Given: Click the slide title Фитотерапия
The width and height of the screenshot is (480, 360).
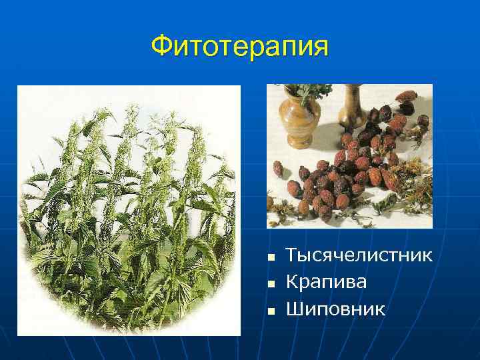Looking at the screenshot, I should pos(239,47).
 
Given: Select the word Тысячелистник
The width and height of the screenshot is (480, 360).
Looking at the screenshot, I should pos(359,255).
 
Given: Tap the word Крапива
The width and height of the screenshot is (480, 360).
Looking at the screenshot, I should pos(326,282).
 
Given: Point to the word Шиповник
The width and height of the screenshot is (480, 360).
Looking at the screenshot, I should pos(335,309).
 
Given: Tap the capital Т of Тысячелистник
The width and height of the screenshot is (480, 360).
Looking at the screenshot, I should pos(292,255).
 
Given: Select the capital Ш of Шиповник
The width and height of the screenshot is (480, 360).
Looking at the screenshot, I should pos(294,309).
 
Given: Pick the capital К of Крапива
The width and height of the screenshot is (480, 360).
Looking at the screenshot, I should pos(292,282).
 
